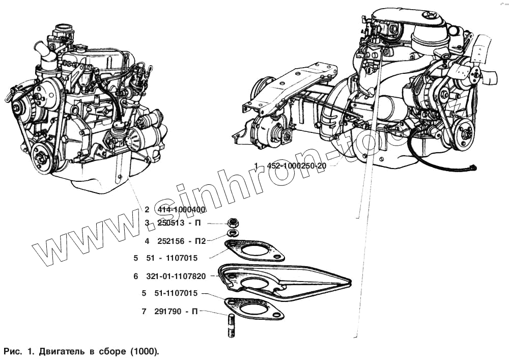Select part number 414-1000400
181,209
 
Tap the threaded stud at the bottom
230,326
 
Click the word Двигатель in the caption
62,351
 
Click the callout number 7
144,311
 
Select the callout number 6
136,276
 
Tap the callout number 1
258,166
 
